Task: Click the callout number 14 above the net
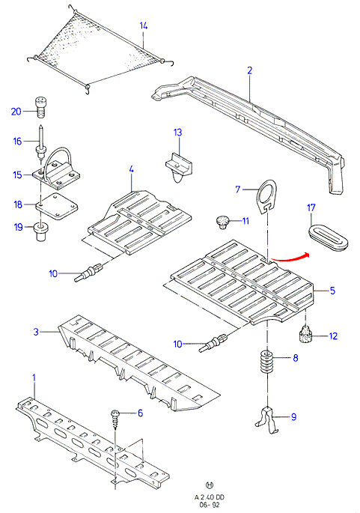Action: (x=144, y=25)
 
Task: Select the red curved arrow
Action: (x=290, y=258)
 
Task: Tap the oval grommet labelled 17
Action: (x=328, y=237)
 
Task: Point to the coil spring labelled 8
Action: (x=266, y=362)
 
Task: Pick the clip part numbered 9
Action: (x=268, y=419)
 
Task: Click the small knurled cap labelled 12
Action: (x=305, y=336)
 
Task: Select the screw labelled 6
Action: (x=116, y=419)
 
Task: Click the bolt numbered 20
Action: (x=40, y=107)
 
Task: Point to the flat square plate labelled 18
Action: (x=57, y=207)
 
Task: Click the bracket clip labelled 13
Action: (x=179, y=166)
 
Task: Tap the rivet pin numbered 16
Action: (x=41, y=142)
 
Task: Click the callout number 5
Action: (x=332, y=290)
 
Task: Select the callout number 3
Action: (x=36, y=332)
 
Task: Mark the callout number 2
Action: (x=249, y=70)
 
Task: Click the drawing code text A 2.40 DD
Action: (x=210, y=497)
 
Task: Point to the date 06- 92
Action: (x=210, y=505)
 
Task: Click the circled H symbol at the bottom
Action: (x=210, y=485)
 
